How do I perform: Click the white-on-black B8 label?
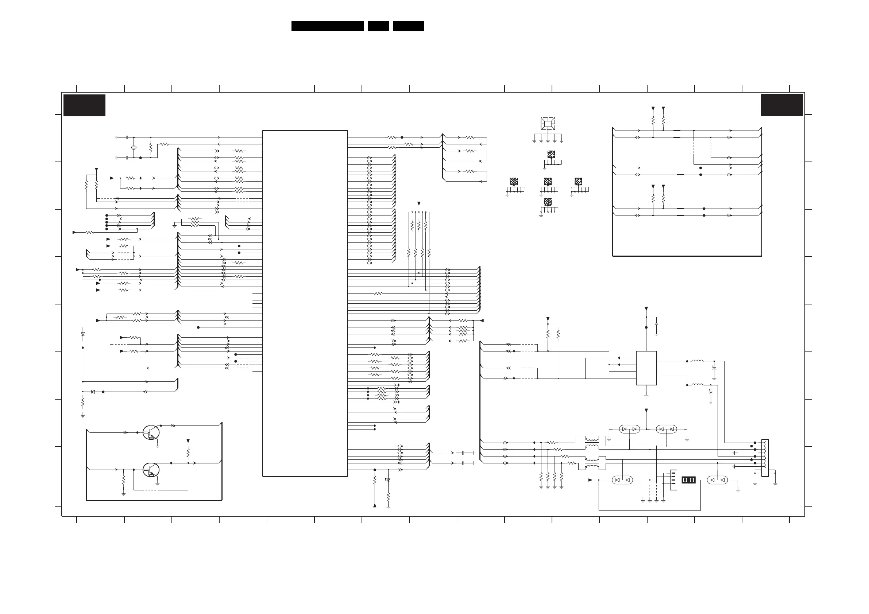pyautogui.click(x=688, y=480)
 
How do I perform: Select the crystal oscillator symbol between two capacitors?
pyautogui.click(x=134, y=148)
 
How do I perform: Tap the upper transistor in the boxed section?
pyautogui.click(x=151, y=432)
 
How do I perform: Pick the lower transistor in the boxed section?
pyautogui.click(x=151, y=470)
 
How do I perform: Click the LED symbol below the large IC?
pyautogui.click(x=388, y=480)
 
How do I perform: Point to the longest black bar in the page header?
pyautogui.click(x=327, y=26)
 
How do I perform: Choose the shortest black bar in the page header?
pyautogui.click(x=378, y=26)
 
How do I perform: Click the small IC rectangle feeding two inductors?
pyautogui.click(x=646, y=368)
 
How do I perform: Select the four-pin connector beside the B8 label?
pyautogui.click(x=673, y=480)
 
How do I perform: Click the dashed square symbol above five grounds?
pyautogui.click(x=548, y=124)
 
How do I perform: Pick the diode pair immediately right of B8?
pyautogui.click(x=717, y=480)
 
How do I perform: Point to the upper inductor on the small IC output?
pyautogui.click(x=697, y=361)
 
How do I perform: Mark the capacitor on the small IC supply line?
pyautogui.click(x=656, y=324)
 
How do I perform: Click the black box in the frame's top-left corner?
pyautogui.click(x=84, y=105)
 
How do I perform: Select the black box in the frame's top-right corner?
pyautogui.click(x=781, y=105)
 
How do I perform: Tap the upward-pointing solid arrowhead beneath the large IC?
pyautogui.click(x=375, y=505)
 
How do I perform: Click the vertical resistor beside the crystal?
pyautogui.click(x=151, y=148)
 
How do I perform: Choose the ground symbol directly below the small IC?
pyautogui.click(x=646, y=396)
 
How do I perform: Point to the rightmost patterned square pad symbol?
pyautogui.click(x=578, y=182)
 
